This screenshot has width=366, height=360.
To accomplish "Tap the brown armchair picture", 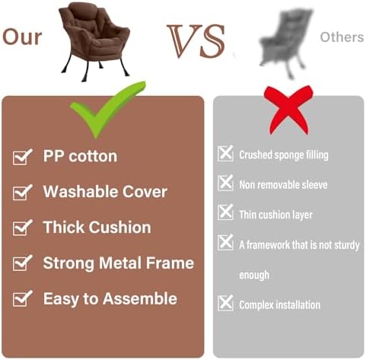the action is point(94,42).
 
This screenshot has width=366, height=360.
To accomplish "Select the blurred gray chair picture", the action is point(286,43).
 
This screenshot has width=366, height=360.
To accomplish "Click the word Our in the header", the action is point(22,37).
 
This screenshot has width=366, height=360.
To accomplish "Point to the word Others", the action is point(342,37).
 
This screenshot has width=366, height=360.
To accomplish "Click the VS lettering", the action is point(196,40).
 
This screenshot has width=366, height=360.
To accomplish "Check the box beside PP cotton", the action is point(22,157).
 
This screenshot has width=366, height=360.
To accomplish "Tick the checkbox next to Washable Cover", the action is point(22,192).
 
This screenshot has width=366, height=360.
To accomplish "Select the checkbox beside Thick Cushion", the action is point(22,228).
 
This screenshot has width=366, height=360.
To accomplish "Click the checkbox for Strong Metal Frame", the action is point(22,263).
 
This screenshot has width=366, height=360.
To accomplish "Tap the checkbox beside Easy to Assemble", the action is point(22,298).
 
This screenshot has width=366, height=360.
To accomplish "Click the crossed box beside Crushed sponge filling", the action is point(225,153).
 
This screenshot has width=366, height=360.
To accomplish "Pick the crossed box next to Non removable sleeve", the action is point(225,183).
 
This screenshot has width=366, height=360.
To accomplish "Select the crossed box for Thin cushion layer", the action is point(225,212).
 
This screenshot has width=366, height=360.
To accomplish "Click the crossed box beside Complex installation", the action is point(225,303).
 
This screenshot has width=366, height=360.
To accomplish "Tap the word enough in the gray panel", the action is point(254,275).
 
